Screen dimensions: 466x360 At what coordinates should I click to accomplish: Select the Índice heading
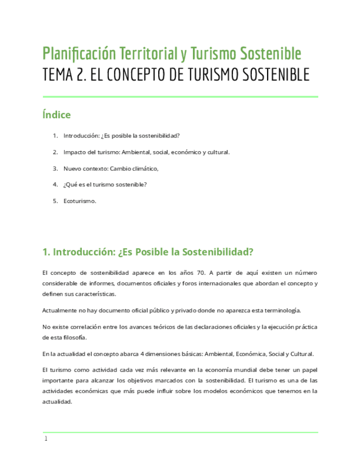tap(56, 115)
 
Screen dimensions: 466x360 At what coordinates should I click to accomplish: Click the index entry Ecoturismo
tap(80, 201)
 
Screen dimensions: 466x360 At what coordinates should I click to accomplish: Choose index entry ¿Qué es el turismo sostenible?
tap(105, 185)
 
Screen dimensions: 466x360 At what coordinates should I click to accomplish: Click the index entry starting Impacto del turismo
tap(146, 152)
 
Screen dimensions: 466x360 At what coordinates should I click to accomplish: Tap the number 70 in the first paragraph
tap(201, 273)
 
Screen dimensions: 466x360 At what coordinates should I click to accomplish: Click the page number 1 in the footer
tap(46, 439)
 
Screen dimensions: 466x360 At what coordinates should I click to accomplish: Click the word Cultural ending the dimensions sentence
tap(301, 353)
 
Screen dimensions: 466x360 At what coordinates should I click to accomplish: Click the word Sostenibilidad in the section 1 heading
tap(219, 252)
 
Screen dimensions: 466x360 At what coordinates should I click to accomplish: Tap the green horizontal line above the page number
tap(180, 432)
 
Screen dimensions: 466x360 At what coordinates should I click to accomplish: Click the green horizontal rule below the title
tap(180, 97)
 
